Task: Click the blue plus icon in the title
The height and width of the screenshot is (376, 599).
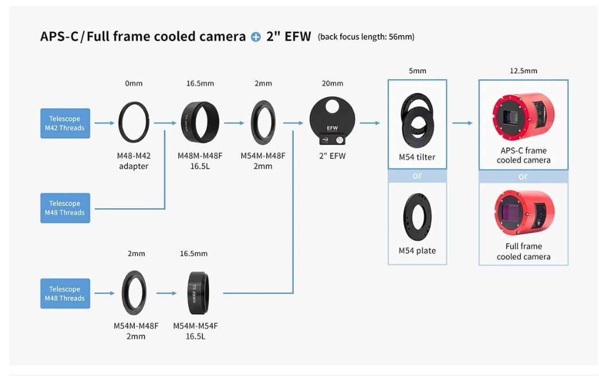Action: (255, 37)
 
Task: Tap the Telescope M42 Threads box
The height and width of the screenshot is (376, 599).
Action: (65, 123)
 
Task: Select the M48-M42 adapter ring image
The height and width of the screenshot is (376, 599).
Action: (133, 122)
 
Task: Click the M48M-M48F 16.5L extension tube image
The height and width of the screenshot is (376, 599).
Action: (200, 122)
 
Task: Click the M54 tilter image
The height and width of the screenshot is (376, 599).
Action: (417, 120)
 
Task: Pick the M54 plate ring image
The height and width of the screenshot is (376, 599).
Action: (417, 217)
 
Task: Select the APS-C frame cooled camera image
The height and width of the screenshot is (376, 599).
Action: (523, 116)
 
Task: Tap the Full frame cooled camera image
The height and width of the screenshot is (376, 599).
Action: (524, 213)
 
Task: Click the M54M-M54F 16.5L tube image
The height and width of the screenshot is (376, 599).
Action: (199, 293)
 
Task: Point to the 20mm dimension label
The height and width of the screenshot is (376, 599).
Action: (332, 83)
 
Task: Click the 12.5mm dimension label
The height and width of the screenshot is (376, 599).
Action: (523, 71)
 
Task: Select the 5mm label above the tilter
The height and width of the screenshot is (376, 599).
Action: (417, 71)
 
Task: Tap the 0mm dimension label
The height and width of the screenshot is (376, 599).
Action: (134, 83)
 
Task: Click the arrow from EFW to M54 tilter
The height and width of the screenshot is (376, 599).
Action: (370, 123)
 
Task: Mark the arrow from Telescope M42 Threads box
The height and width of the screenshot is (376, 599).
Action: (104, 123)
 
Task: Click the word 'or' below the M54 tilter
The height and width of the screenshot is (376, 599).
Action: (417, 175)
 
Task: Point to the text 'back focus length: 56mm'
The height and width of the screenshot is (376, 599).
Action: (366, 37)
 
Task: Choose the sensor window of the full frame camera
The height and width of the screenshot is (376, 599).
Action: (512, 213)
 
